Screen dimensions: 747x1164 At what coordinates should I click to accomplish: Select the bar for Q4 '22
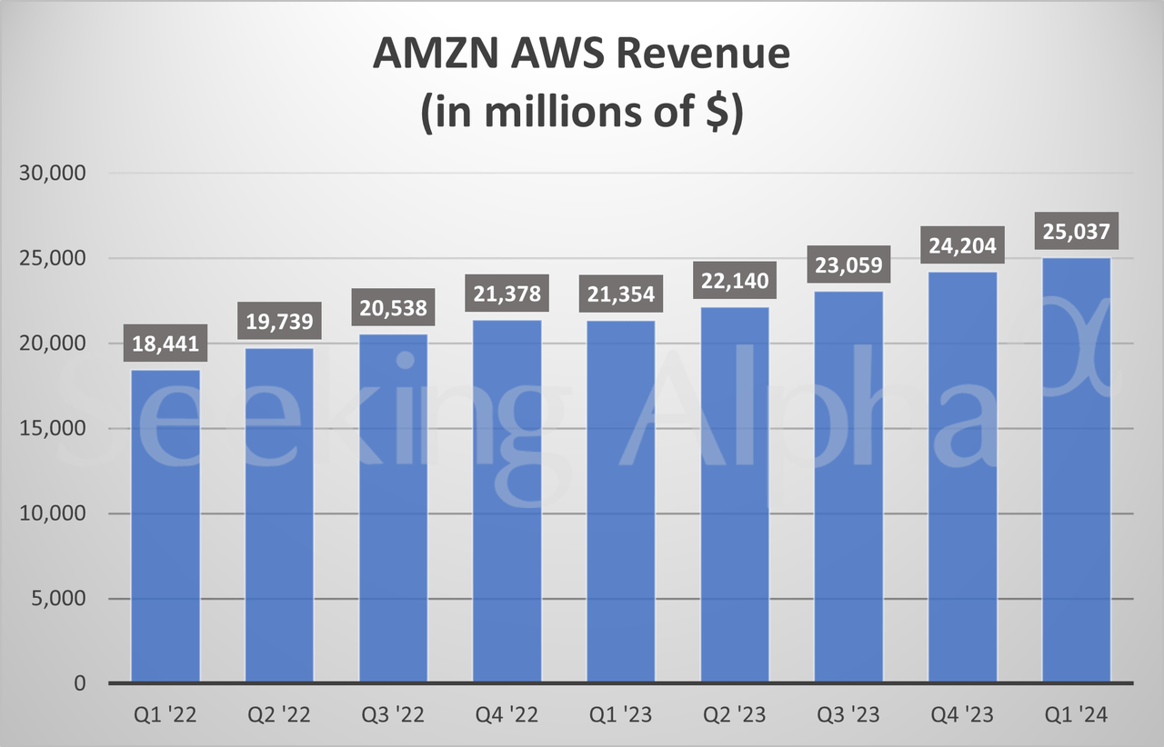[x=507, y=501]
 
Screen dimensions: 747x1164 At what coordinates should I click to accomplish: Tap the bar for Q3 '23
[x=848, y=486]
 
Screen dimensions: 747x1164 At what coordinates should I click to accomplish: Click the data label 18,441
[x=166, y=345]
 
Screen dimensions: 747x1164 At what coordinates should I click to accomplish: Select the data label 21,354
[x=621, y=295]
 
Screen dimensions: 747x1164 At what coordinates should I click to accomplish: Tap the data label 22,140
[x=735, y=282]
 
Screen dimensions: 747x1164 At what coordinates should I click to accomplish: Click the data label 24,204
[x=962, y=246]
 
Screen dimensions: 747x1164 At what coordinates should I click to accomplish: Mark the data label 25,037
[x=1076, y=232]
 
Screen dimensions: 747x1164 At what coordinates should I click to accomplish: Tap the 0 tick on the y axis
[x=80, y=683]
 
